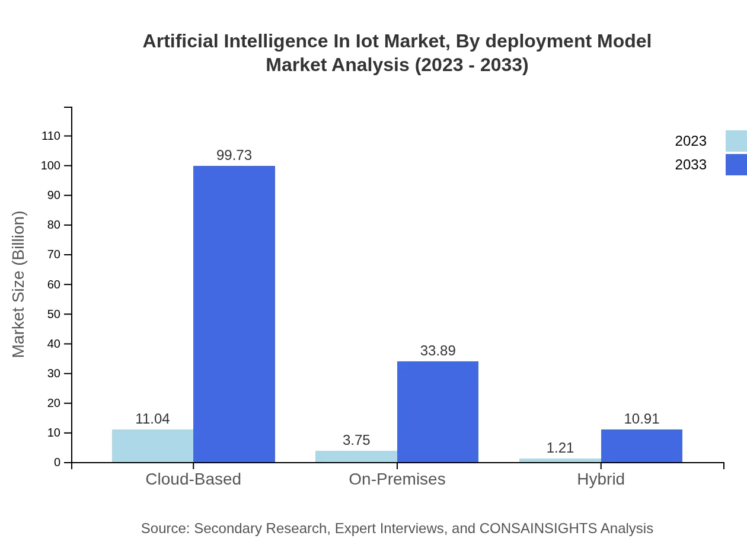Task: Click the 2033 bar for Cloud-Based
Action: click(x=234, y=314)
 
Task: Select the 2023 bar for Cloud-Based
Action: click(x=152, y=446)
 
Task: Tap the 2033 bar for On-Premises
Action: click(x=438, y=412)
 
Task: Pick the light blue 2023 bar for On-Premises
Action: click(x=356, y=457)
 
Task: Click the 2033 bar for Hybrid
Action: click(x=641, y=446)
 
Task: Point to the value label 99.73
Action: click(x=234, y=155)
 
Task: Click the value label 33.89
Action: click(x=438, y=351)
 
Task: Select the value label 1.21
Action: click(x=560, y=448)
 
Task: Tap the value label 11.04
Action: click(x=152, y=419)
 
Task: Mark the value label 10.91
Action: click(x=641, y=419)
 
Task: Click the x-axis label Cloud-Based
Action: click(x=193, y=479)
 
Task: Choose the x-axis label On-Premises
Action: click(x=397, y=479)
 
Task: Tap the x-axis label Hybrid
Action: click(x=601, y=479)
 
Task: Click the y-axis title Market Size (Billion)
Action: click(x=18, y=284)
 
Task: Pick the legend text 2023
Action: click(x=691, y=141)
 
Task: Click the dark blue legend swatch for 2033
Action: click(x=736, y=165)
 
